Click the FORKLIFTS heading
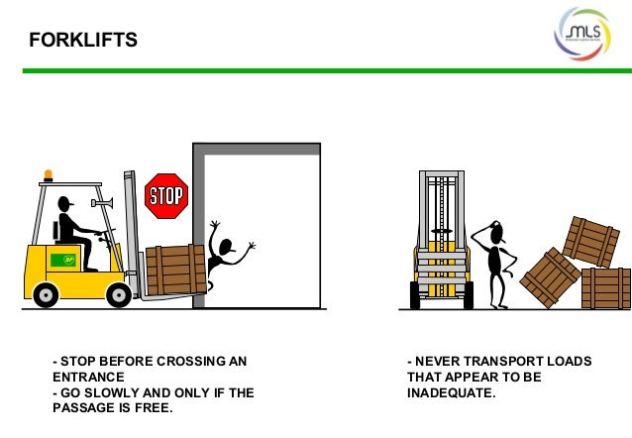(82, 41)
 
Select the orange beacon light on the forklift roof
(48, 175)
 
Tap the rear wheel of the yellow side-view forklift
(46, 294)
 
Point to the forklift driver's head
(66, 205)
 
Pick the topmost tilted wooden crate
(590, 241)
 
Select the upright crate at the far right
(605, 288)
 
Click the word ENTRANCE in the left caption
(88, 378)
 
